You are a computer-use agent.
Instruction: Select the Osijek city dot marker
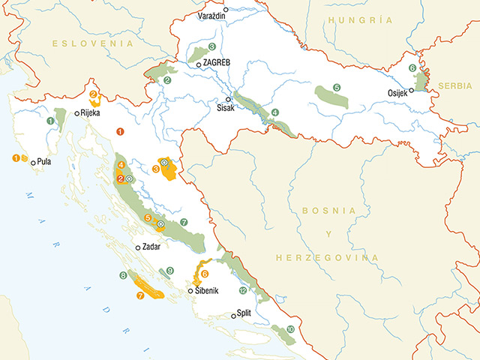coord(412,90)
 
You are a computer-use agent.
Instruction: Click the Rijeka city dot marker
coord(76,114)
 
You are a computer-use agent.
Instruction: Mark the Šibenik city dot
coord(190,291)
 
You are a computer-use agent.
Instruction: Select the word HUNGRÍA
coord(355,20)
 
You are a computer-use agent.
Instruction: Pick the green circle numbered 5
coord(337,88)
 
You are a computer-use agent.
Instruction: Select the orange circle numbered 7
coord(140,295)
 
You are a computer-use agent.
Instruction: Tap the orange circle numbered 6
coord(205,274)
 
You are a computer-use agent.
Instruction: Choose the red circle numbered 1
coord(120,131)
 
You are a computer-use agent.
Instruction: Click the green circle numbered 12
coord(241,289)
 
